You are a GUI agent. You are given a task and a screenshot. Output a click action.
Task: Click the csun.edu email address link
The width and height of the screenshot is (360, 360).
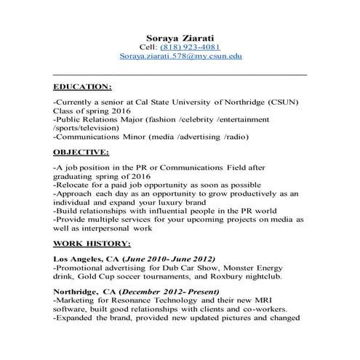(x=180, y=55)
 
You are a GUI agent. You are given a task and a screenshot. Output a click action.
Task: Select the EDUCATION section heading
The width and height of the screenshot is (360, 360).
(x=82, y=86)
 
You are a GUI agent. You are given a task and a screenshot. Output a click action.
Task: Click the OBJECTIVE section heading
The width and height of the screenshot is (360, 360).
(x=81, y=153)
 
